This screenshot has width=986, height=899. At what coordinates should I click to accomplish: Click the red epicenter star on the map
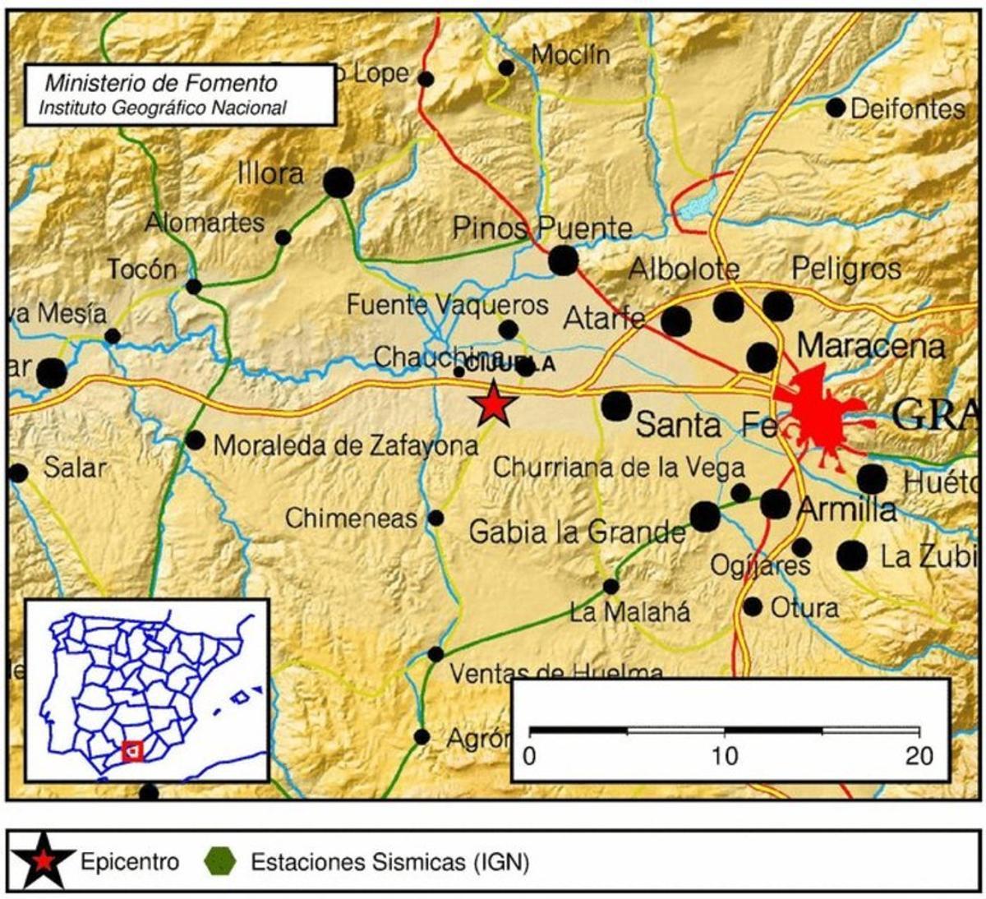pos(493,404)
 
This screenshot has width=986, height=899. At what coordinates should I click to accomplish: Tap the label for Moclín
pos(570,55)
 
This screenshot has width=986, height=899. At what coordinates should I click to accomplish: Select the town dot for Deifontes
pos(836,108)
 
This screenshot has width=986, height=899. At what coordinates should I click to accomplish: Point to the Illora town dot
pos(338,182)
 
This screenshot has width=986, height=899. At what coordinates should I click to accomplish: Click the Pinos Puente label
pos(542,228)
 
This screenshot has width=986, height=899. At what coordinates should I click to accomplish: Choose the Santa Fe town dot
pos(616,405)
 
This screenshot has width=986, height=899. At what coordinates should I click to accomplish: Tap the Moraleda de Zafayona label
pos(345,446)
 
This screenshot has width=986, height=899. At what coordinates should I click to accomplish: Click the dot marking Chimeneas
pos(436,519)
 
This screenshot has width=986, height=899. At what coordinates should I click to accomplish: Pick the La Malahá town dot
pos(610,587)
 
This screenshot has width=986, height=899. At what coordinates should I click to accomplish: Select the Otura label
pos(804,608)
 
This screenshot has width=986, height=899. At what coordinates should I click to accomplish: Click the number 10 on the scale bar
pos(724,755)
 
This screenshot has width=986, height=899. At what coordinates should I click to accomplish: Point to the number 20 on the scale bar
pos(918,755)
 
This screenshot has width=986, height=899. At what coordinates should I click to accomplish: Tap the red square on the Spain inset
pos(131,750)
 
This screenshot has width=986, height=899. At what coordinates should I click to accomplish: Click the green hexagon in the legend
pos(221,862)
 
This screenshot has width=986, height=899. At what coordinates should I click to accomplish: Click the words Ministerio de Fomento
pos(160,83)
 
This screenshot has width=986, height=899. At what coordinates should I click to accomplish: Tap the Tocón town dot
pos(194,287)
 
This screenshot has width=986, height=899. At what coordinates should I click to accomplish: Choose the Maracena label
pos(870,346)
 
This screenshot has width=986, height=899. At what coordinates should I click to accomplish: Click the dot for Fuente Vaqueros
pos(509,330)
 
